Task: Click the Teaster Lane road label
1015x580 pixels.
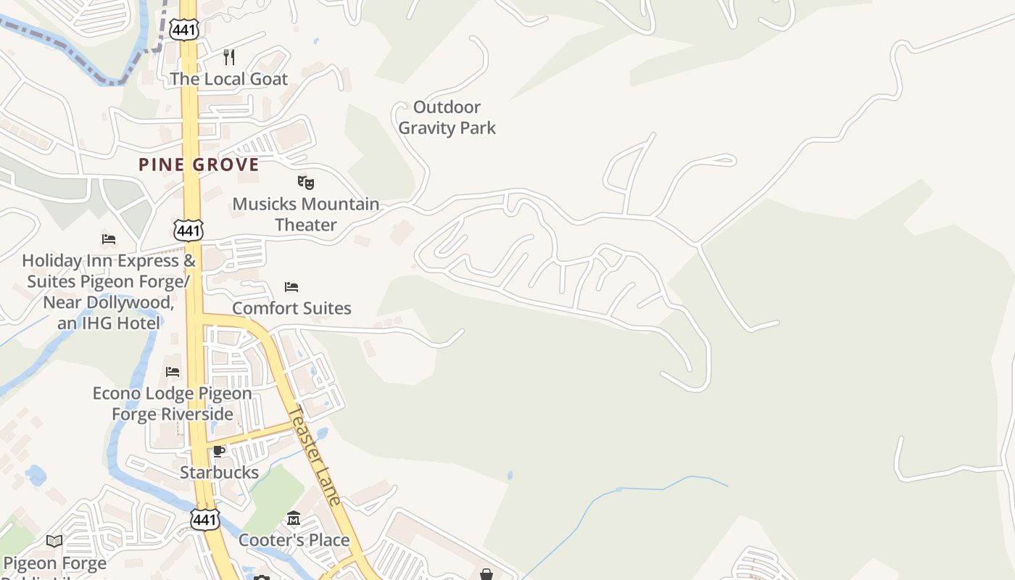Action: [314, 455]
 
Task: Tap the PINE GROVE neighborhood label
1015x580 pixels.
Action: [199, 165]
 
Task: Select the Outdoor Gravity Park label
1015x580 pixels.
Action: [447, 117]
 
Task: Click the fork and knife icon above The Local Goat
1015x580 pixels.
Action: [229, 57]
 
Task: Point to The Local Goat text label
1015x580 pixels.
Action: [229, 78]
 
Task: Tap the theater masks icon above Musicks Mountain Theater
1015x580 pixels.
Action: [306, 182]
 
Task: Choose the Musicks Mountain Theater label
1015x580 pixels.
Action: [306, 214]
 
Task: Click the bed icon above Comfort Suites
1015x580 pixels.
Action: [291, 287]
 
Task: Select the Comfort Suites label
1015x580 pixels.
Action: [291, 308]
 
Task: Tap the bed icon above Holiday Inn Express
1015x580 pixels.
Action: [109, 239]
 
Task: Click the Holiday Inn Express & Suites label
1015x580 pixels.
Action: [109, 291]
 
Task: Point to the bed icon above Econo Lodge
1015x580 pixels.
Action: [173, 372]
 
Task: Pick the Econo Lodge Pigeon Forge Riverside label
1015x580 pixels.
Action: [173, 404]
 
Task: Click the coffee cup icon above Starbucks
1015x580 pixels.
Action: [219, 452]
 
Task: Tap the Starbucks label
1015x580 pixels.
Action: [219, 473]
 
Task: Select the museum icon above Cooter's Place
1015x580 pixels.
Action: [294, 518]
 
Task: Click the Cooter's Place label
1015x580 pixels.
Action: [294, 540]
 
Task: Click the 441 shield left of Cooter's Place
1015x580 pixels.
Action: [204, 519]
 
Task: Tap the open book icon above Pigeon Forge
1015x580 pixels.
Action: [54, 541]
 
